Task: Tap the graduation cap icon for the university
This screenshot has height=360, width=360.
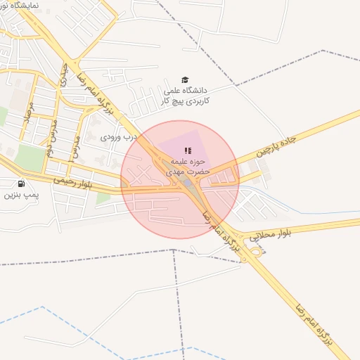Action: pos(185,80)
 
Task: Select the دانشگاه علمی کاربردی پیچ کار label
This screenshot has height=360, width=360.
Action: pos(187,96)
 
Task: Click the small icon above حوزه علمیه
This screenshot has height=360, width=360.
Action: pos(188,150)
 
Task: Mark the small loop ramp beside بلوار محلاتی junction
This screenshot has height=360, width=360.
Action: pos(257,251)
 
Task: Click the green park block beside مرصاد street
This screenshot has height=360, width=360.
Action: pos(28,157)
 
